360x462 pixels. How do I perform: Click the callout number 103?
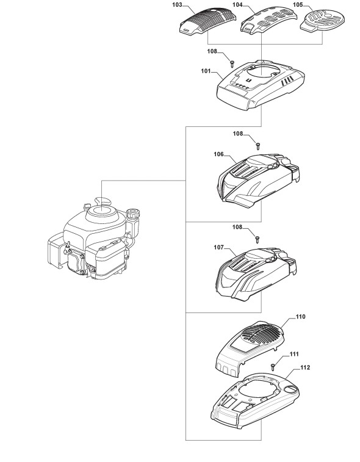click(177, 5)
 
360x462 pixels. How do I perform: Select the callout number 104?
click(237, 5)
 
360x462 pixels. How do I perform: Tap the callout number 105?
click(298, 5)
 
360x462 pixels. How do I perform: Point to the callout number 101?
click(206, 71)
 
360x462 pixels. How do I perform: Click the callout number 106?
click(219, 154)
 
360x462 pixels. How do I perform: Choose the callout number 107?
click(219, 248)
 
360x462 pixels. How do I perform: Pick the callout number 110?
click(300, 317)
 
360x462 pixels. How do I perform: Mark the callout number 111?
click(294, 354)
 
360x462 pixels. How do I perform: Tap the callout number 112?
click(305, 367)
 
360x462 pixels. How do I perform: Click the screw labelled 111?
click(273, 367)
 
